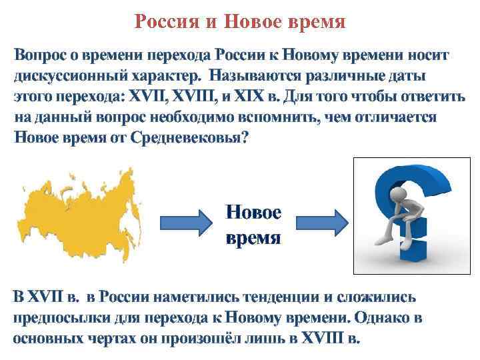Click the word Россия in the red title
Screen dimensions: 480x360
coord(166,23)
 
